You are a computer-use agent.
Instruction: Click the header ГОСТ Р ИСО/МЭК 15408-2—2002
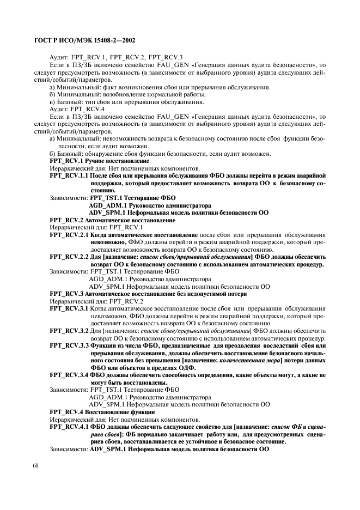(85, 41)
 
